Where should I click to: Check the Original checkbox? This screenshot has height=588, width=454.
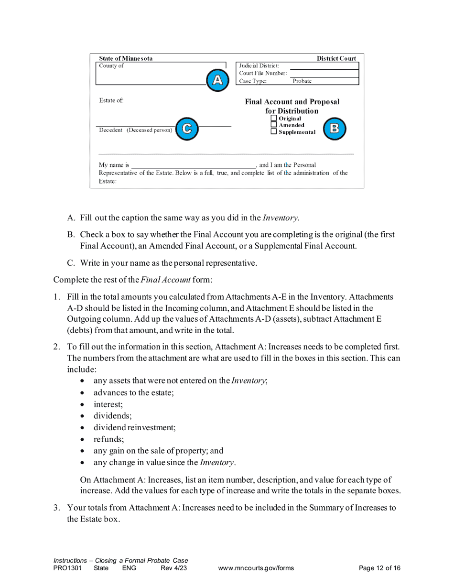pyautogui.click(x=274, y=119)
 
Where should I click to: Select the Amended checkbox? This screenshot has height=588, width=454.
pyautogui.click(x=274, y=125)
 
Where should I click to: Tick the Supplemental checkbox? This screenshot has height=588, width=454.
pyautogui.click(x=274, y=132)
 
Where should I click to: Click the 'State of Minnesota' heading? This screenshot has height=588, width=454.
pyautogui.click(x=126, y=59)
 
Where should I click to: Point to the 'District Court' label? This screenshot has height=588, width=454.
pyautogui.click(x=336, y=59)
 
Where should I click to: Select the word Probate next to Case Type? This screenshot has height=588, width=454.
pyautogui.click(x=302, y=81)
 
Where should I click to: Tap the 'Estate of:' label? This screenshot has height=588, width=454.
pyautogui.click(x=111, y=101)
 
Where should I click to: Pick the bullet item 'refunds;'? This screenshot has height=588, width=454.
pyautogui.click(x=108, y=439)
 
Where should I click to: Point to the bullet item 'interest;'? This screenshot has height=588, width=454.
pyautogui.click(x=108, y=404)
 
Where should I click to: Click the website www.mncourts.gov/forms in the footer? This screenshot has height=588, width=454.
pyautogui.click(x=256, y=568)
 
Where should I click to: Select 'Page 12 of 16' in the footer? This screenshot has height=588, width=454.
pyautogui.click(x=379, y=568)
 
